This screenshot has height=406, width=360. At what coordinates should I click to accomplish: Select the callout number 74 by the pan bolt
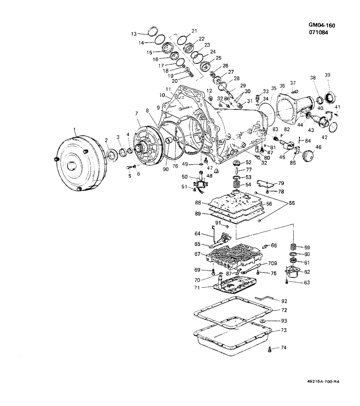(x=283, y=347)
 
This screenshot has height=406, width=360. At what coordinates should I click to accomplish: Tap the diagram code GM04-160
(x=322, y=25)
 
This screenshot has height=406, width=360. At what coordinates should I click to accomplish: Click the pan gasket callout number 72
(x=284, y=310)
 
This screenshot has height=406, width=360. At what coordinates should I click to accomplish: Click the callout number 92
(x=284, y=301)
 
